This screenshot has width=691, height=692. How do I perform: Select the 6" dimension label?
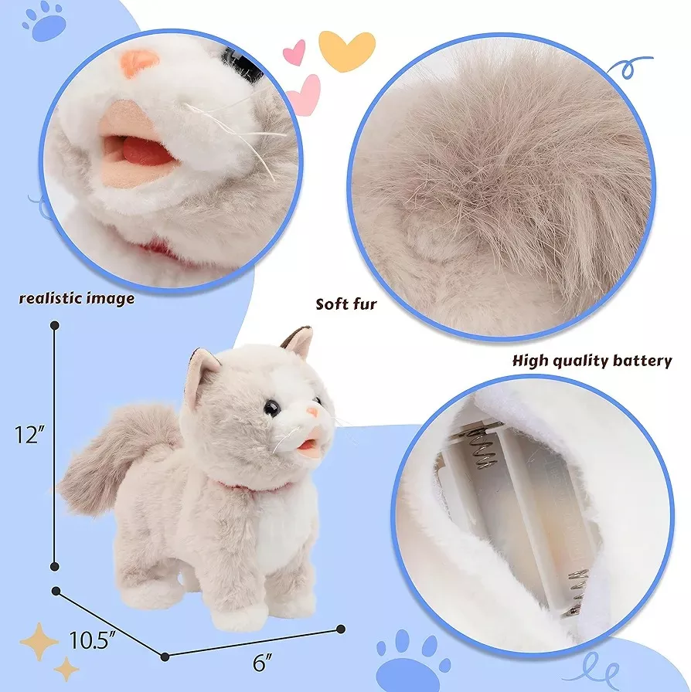tap(263, 663)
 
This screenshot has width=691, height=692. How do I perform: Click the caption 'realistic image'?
tap(77, 298)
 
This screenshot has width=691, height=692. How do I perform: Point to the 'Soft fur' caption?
tap(346, 304)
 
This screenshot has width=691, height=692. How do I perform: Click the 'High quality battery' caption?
tap(592, 361)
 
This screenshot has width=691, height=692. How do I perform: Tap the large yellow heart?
tap(347, 50)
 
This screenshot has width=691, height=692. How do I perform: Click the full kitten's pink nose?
tap(312, 413)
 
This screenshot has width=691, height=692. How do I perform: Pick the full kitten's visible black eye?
tap(271, 409)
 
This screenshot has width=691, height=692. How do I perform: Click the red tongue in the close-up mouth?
tap(141, 151)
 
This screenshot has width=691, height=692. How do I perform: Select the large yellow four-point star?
tap(39, 641)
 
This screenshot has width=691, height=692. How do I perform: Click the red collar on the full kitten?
tap(254, 487)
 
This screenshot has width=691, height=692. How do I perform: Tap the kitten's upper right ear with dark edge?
tap(298, 341)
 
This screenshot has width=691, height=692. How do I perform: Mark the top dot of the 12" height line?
tap(55, 326)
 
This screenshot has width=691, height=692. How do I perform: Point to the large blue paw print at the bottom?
tap(412, 663)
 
